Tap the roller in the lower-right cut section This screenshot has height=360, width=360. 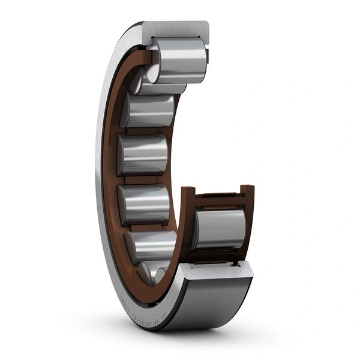[220, 229]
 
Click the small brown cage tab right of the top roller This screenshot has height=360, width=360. [208, 57]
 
